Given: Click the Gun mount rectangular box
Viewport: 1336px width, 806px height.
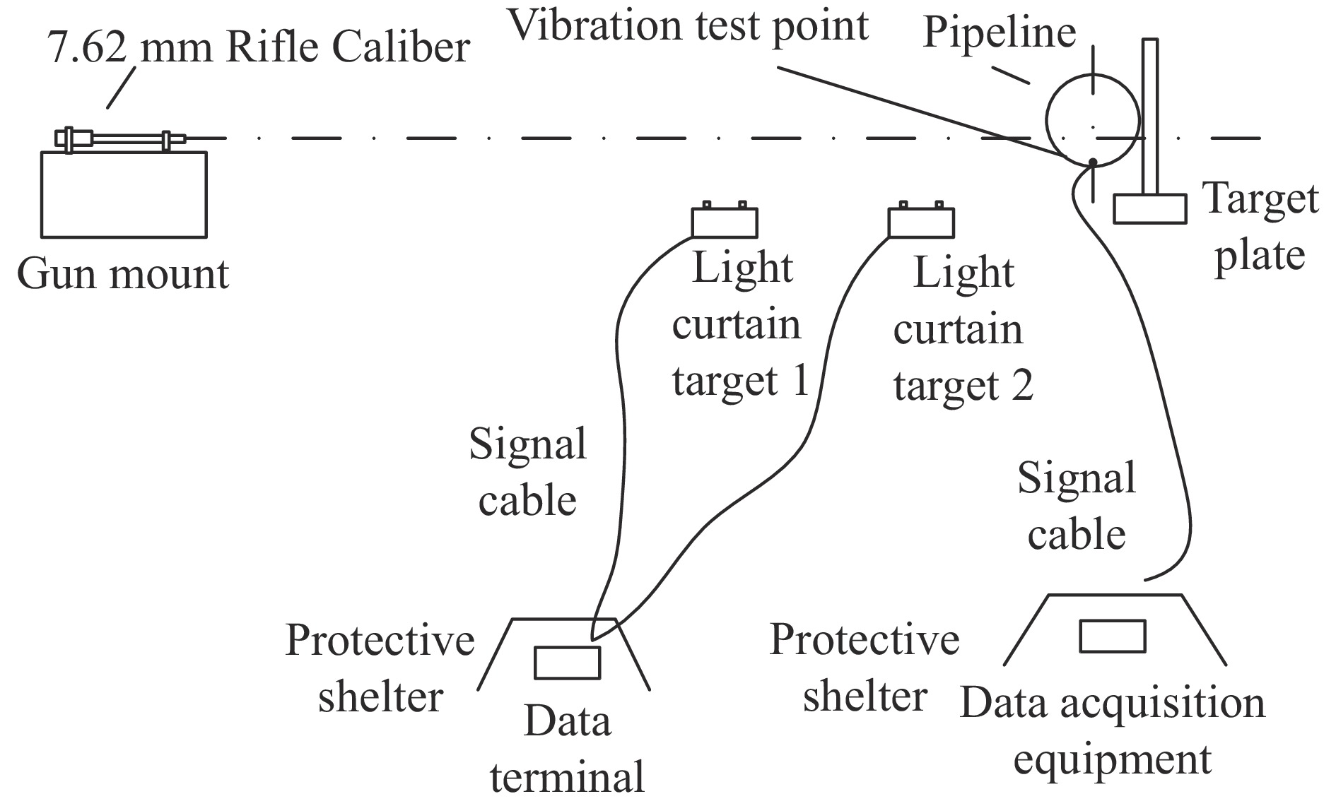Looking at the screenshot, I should pos(124,194).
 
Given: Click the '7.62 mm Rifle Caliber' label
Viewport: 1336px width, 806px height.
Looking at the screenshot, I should pos(259,48).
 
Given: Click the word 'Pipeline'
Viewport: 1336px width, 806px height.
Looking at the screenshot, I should pos(1000,32).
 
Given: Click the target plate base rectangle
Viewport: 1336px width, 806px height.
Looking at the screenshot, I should pos(1150,209).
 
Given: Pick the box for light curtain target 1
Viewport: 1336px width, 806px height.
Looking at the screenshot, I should pos(725,223).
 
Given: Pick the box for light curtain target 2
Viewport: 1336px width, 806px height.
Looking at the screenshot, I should pos(921,223).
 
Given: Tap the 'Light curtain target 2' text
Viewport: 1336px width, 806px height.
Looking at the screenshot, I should pos(963,329).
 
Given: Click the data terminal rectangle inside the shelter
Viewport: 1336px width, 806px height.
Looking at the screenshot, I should pos(567,663).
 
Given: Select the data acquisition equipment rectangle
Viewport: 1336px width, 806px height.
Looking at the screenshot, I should pos(1112,636).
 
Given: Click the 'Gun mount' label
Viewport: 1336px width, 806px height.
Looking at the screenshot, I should pos(123,274).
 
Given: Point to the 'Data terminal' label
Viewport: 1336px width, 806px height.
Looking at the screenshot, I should pos(568,749).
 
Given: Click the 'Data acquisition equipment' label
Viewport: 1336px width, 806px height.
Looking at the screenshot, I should pos(1113,731).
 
